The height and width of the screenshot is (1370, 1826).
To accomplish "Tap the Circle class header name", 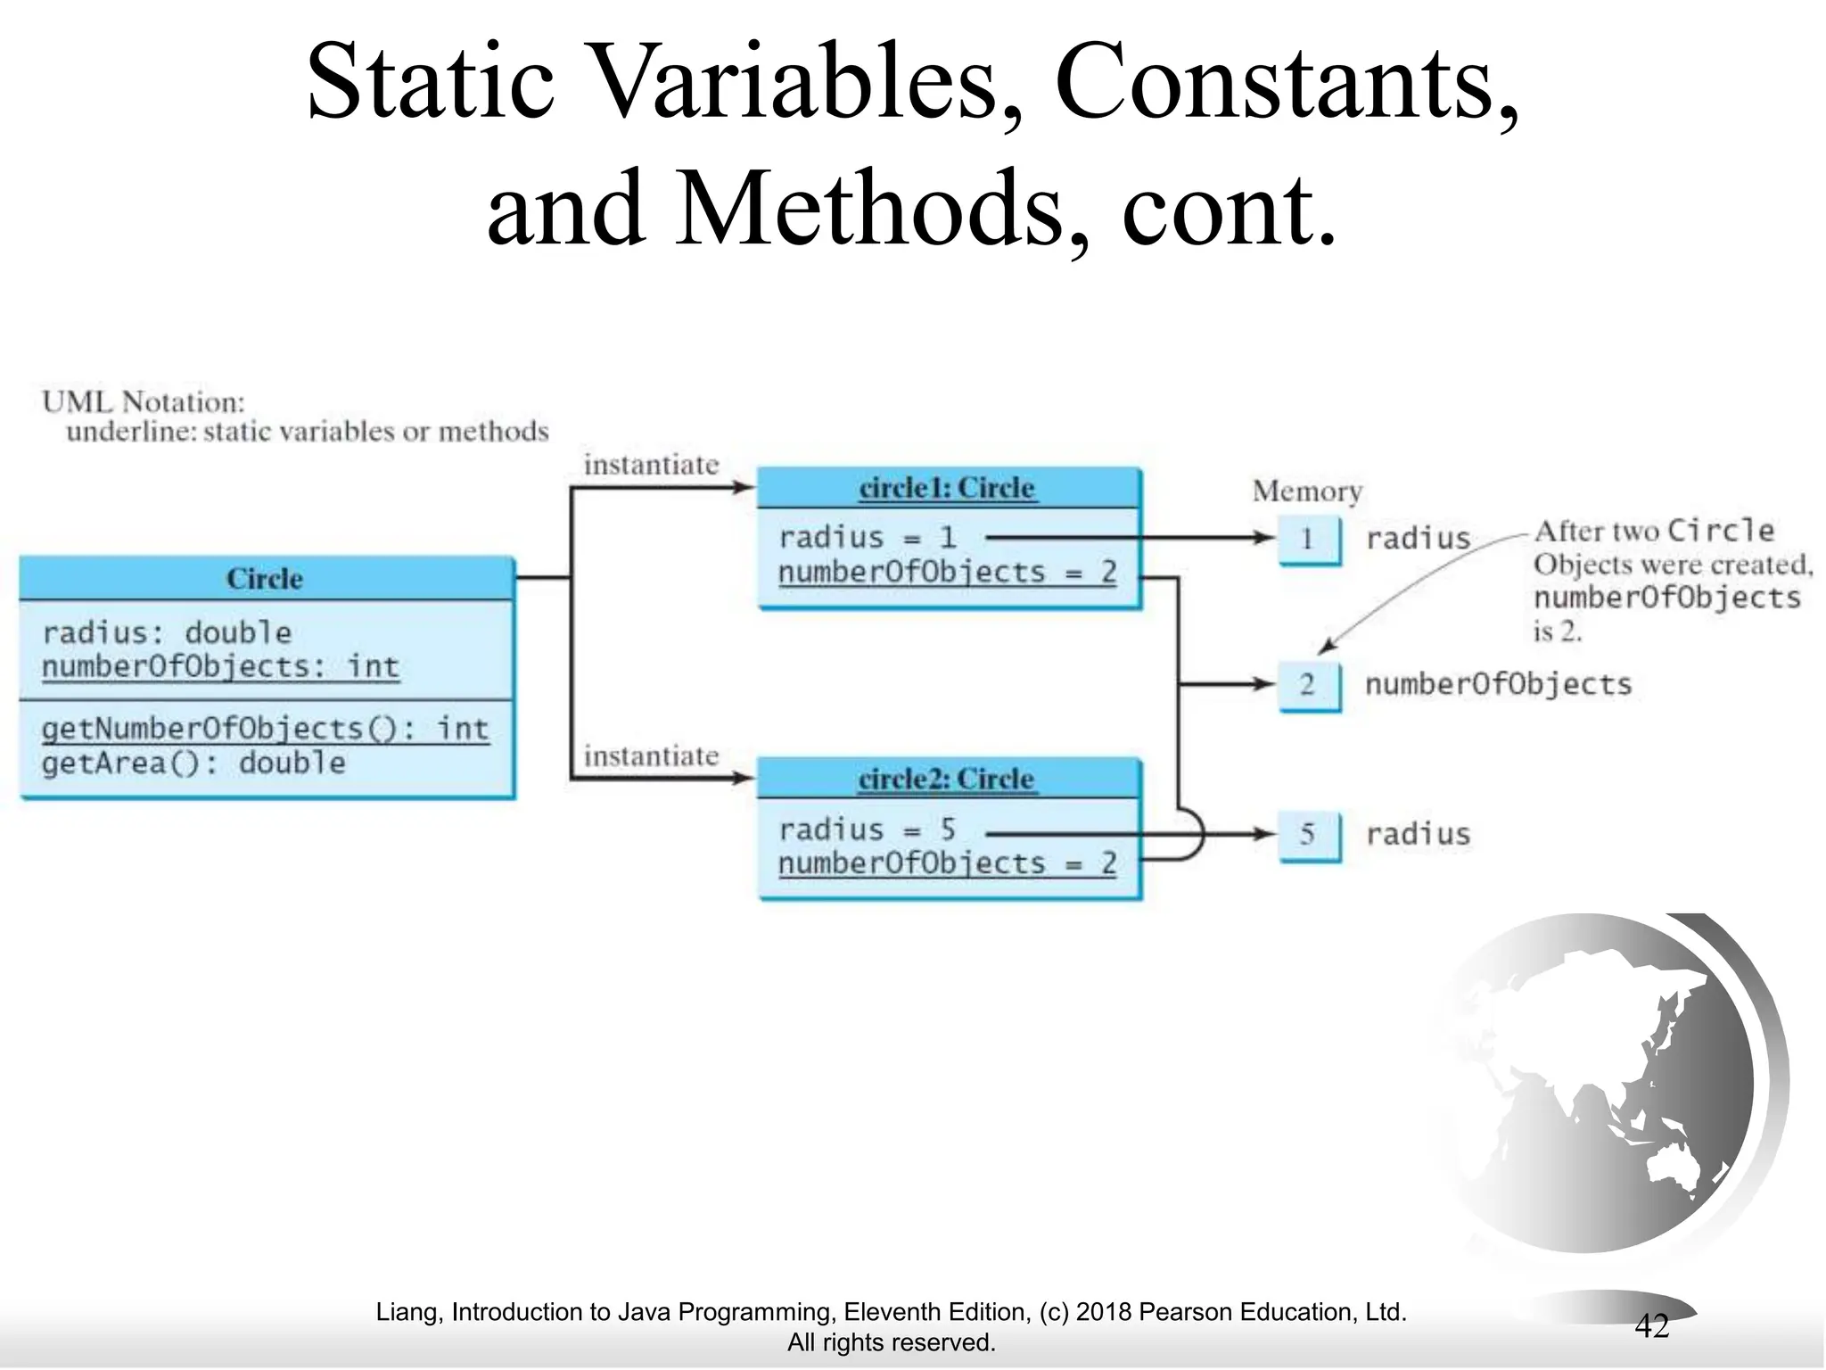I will [265, 579].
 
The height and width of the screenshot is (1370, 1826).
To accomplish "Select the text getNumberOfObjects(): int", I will [265, 730].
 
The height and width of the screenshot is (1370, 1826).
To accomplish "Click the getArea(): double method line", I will [193, 763].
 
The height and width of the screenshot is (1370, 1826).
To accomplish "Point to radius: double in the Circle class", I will [167, 633].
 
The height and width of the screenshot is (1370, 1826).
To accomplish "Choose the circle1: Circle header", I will [948, 488].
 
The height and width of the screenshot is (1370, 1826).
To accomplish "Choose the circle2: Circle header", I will [947, 780].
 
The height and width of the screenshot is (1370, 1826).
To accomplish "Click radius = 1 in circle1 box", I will [867, 538].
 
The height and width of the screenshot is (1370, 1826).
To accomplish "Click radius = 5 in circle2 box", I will [867, 830].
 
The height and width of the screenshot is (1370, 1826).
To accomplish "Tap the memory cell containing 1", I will [1307, 539].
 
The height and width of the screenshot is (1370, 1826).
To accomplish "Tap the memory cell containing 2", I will [1307, 685].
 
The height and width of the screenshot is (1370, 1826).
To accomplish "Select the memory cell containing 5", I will [1307, 834].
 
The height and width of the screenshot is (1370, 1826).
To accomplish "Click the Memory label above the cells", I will [1307, 491].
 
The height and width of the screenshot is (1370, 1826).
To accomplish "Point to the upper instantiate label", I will [651, 465].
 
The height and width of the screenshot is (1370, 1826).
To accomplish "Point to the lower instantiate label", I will [651, 756].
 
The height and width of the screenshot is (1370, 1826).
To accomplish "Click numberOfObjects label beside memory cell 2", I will [1498, 685].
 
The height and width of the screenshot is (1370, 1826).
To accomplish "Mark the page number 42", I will [1650, 1326].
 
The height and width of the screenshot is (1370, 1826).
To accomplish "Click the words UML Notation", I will [143, 402].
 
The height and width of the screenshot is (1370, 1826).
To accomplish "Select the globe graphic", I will [1605, 1084].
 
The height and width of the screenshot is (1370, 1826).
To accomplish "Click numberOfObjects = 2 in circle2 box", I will [947, 863].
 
